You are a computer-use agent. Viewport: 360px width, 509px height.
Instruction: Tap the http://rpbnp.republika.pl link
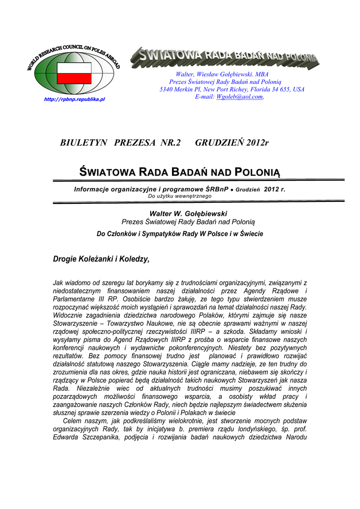[75, 99]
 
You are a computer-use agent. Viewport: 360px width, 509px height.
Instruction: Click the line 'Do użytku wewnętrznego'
[180, 196]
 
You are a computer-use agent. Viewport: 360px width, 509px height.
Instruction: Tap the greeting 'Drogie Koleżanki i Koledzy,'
[101, 259]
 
